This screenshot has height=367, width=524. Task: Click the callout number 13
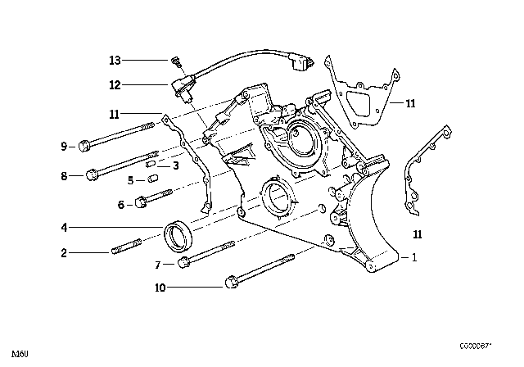tap(115, 60)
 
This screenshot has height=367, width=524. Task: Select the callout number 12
tap(115, 84)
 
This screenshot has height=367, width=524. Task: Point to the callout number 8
tap(62, 174)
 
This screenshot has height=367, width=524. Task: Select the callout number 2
tap(62, 253)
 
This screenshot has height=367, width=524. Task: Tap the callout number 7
tap(158, 264)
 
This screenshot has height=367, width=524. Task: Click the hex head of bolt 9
tap(85, 147)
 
